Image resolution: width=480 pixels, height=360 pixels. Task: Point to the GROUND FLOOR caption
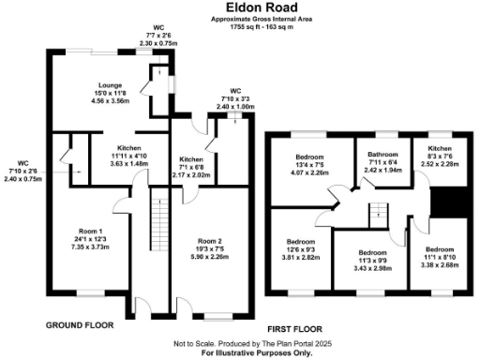point(80,325)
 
